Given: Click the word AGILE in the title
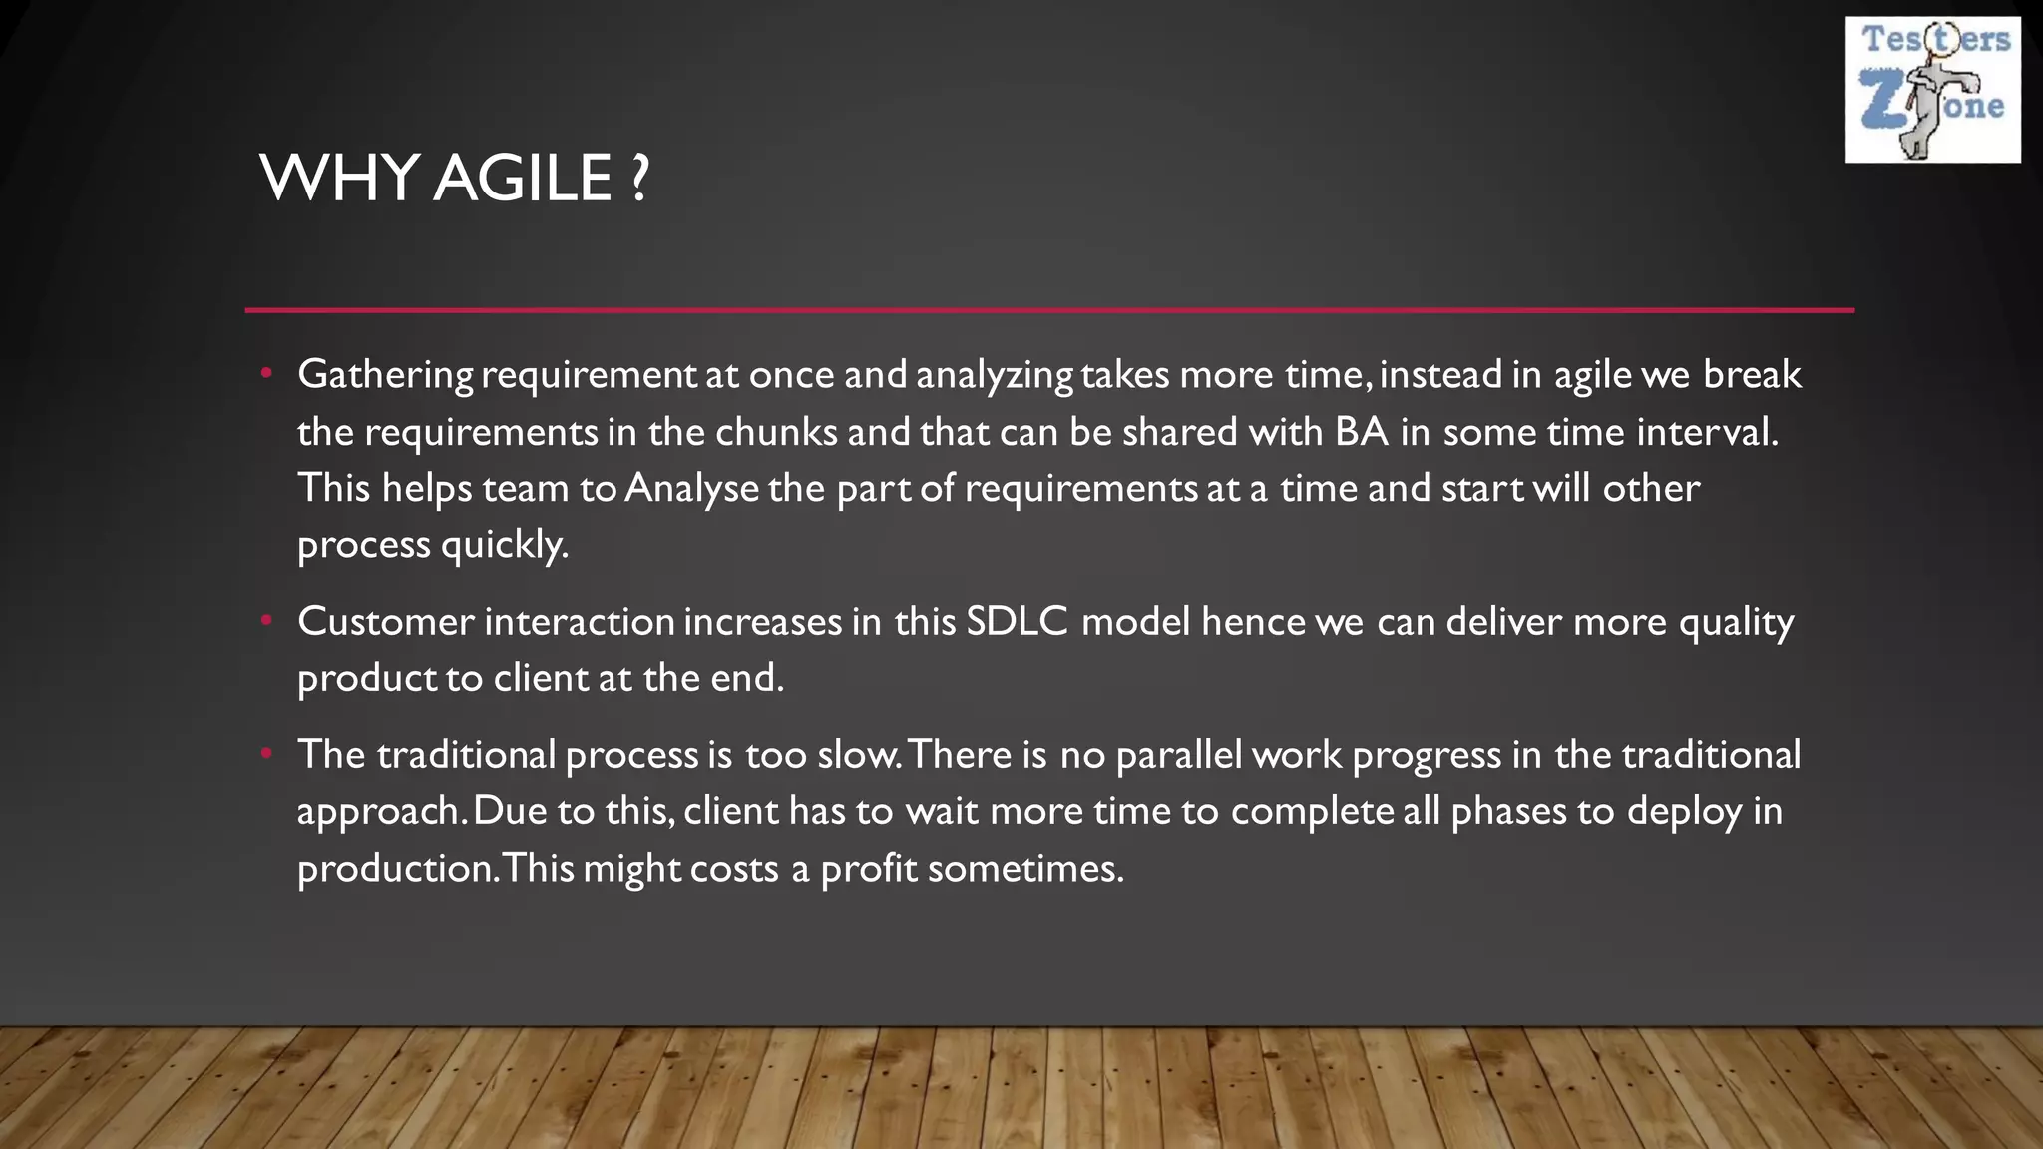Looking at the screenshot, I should [523, 179].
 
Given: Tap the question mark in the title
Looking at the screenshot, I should [639, 179].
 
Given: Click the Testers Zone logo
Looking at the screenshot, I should [1932, 90].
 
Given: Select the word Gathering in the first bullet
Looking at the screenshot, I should [385, 375].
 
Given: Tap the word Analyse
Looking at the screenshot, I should [691, 489].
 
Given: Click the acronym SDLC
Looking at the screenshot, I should [1017, 622].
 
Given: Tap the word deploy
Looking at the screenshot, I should [1684, 811].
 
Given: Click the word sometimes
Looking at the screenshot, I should [1024, 869].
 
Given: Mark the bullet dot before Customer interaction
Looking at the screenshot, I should [266, 621].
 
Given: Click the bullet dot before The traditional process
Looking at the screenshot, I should [266, 754].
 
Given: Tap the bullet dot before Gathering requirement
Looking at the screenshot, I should [266, 374].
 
